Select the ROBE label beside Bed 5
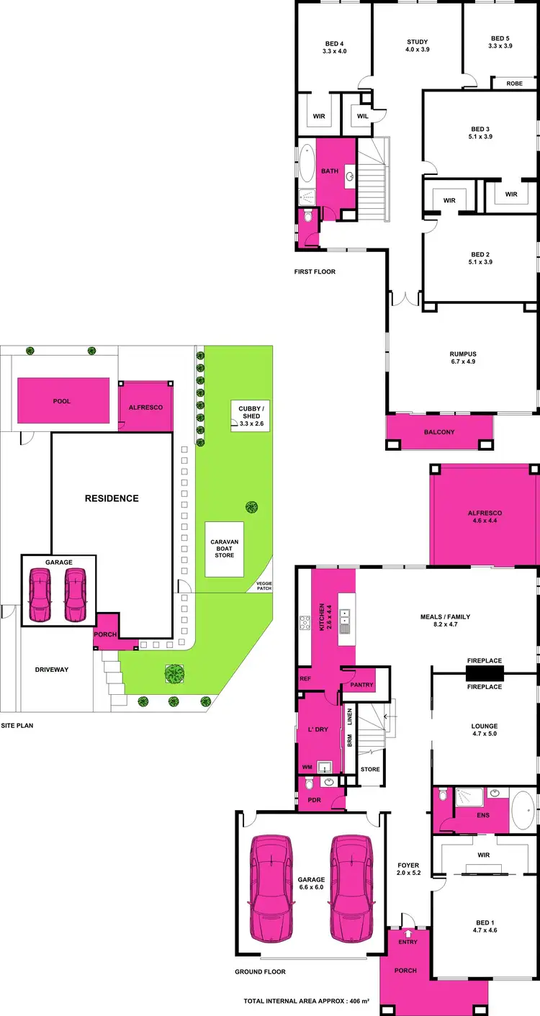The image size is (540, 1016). point(514,84)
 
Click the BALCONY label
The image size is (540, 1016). point(439,432)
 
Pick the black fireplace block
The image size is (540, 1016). point(484,673)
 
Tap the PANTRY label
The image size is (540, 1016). point(363,685)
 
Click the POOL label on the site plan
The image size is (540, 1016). point(63,402)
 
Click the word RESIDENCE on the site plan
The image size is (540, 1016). point(112,498)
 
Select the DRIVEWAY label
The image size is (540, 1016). point(51,670)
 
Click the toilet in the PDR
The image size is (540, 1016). point(309,783)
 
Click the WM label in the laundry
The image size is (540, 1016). point(307,767)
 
